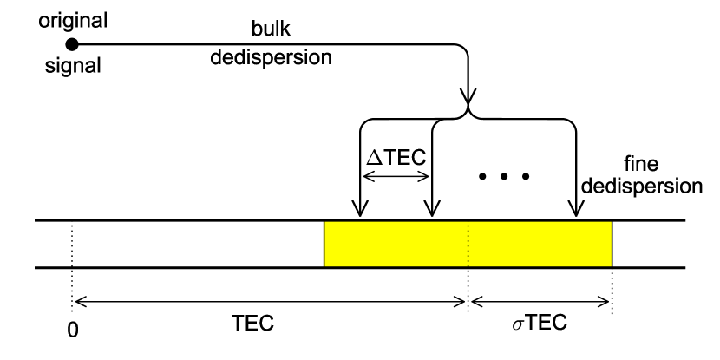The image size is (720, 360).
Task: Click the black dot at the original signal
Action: (x=73, y=43)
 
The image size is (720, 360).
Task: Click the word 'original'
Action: (x=73, y=16)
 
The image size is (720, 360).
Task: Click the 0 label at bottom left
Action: (x=74, y=331)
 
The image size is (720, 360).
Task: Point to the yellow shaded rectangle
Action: (x=468, y=244)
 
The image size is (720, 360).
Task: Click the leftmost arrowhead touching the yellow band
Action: (x=357, y=212)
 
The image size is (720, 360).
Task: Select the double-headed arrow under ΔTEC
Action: (x=395, y=176)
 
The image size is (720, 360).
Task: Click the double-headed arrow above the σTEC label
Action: (x=540, y=302)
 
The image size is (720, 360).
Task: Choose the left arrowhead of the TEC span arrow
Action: (x=82, y=302)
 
